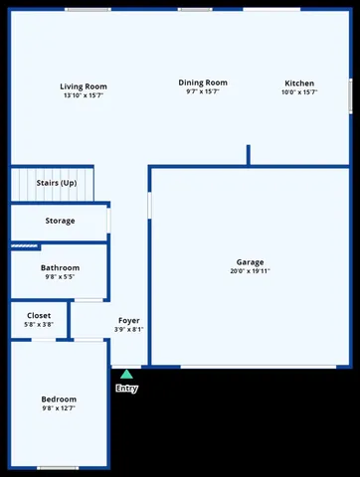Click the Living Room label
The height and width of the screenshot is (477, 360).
pos(84,86)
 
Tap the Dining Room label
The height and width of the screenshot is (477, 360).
pos(203,82)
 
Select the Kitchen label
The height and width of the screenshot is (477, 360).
pos(299,83)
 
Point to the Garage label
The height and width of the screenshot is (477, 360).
pos(250,262)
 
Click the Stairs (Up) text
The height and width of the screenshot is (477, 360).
pos(57,184)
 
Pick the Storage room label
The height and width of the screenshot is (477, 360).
pos(60,221)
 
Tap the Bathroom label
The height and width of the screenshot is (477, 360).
pos(60,268)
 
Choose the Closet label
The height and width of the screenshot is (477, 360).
pos(39,316)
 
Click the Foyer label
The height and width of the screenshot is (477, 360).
pos(128,320)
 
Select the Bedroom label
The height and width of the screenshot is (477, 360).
pos(59,398)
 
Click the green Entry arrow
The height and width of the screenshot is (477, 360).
pos(126,375)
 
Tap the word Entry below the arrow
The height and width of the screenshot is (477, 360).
pos(126,389)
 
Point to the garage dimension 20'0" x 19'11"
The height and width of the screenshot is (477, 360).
pos(250,271)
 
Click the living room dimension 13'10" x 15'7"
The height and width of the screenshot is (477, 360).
pos(84,95)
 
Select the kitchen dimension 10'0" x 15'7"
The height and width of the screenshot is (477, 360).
pos(299,92)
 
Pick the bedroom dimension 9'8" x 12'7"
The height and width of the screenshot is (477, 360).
pos(59,407)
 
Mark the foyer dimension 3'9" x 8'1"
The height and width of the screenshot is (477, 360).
pos(128,329)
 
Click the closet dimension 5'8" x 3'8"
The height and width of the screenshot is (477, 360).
pos(39,325)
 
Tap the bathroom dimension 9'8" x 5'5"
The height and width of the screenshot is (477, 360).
pos(60,277)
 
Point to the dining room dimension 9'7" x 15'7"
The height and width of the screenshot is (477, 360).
pos(203,91)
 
